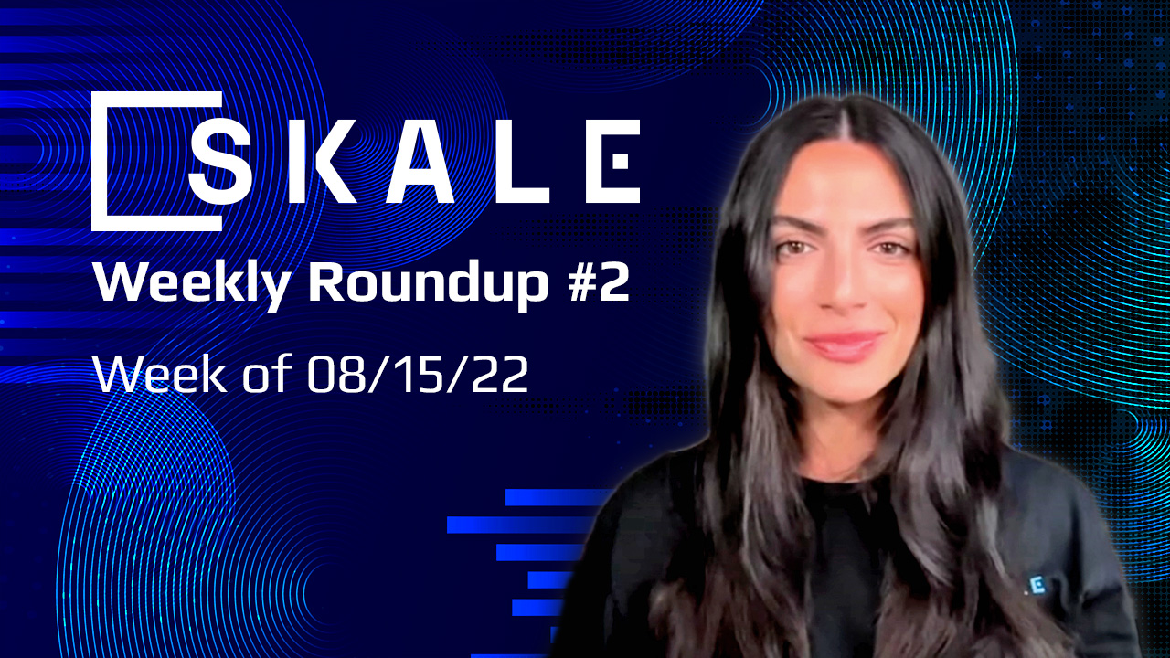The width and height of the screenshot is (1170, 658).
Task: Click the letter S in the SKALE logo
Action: click(x=219, y=161)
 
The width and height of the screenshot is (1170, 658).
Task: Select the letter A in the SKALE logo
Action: click(x=423, y=161)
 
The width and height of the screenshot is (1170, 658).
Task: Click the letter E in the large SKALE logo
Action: click(x=612, y=161)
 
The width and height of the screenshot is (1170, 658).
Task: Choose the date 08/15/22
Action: click(x=418, y=374)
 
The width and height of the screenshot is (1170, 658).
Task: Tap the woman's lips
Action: click(x=846, y=345)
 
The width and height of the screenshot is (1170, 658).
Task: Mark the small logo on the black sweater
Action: click(x=1034, y=585)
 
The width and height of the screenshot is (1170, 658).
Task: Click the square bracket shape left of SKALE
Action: click(x=105, y=161)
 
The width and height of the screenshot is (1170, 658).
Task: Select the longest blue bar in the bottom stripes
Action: click(x=518, y=525)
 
